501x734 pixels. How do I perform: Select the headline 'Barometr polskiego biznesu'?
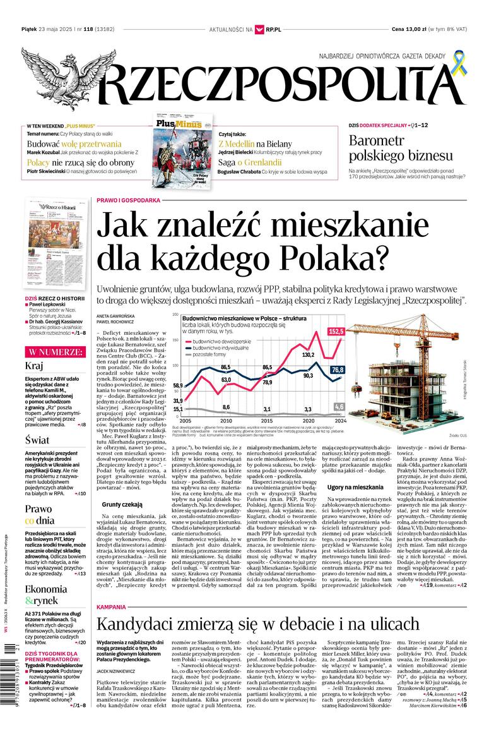pos(401,148)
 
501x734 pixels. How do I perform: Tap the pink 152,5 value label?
pos(336,331)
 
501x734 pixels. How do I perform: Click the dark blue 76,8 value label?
pos(338,370)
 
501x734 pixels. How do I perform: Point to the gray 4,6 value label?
pos(339,406)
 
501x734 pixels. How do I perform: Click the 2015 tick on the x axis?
pos(268,420)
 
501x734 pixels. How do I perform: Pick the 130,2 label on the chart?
pos(308,355)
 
